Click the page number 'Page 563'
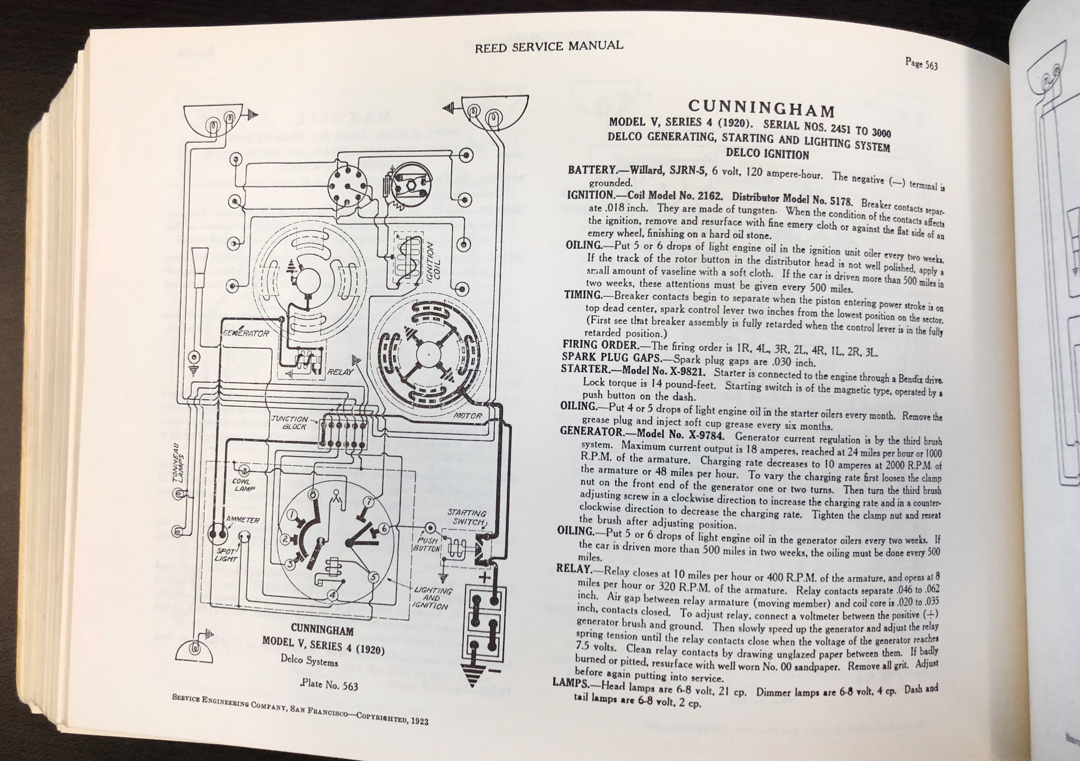(921, 64)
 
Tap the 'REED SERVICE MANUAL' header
(548, 47)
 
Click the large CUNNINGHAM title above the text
(761, 107)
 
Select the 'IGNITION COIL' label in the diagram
(434, 260)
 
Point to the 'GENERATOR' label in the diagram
(246, 333)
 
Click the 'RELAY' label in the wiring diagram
(340, 372)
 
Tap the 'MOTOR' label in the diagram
(467, 416)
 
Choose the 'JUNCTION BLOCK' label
(290, 423)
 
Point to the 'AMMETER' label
(243, 520)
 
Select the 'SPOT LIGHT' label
(226, 555)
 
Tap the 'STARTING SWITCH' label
(467, 517)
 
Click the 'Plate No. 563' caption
(329, 685)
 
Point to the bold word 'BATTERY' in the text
(592, 170)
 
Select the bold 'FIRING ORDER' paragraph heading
(600, 345)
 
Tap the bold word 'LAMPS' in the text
(571, 683)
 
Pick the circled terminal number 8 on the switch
(313, 494)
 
